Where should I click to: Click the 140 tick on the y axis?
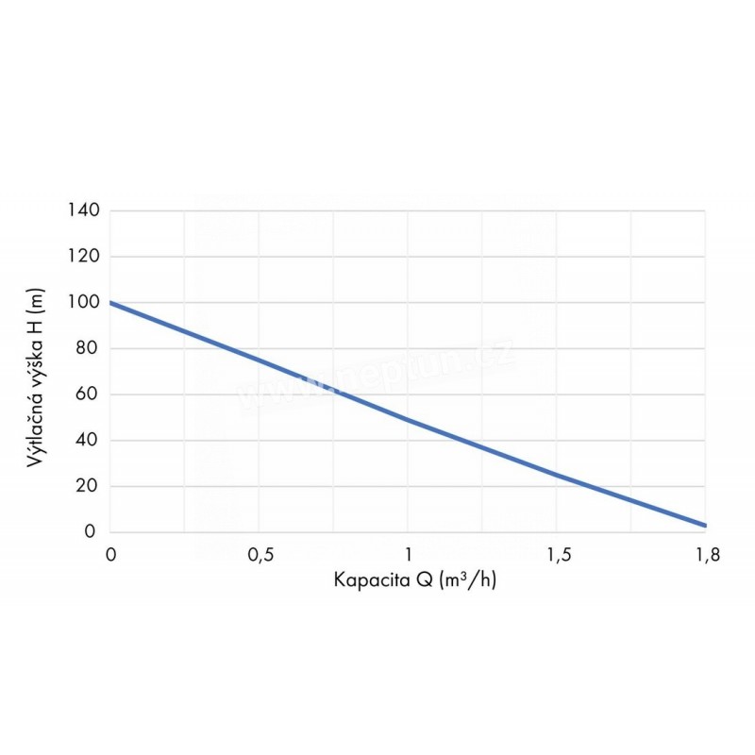[x=84, y=210]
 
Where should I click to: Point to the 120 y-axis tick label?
[x=84, y=256]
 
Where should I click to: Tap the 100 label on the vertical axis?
[x=84, y=302]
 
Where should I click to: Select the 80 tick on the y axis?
[x=88, y=348]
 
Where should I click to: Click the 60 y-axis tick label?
[x=88, y=394]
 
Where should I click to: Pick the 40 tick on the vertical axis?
[x=88, y=441]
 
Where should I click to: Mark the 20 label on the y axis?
[x=88, y=487]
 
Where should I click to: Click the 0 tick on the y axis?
[x=92, y=532]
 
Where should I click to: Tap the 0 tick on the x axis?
[x=110, y=555]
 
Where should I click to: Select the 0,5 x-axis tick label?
[x=260, y=555]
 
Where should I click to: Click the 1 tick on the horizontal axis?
[x=408, y=555]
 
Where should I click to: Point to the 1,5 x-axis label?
[x=557, y=555]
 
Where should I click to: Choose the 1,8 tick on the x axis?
[x=706, y=555]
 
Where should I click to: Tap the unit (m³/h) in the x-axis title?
[x=463, y=579]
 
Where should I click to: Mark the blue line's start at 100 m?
[x=111, y=303]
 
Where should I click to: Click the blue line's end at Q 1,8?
[x=705, y=525]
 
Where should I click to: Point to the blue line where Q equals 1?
[x=408, y=419]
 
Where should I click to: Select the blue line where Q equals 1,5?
[x=557, y=475]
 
